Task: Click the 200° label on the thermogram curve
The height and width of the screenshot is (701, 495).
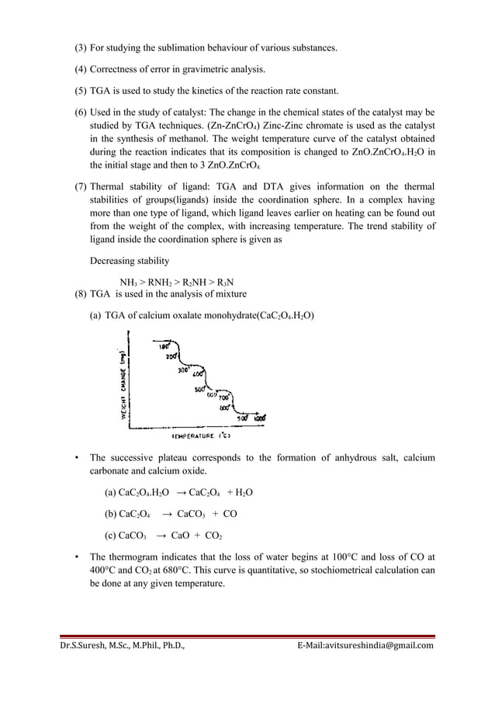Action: tap(171, 355)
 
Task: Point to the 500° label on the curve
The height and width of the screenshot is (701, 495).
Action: tap(199, 389)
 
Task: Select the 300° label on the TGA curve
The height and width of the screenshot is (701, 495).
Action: tap(183, 370)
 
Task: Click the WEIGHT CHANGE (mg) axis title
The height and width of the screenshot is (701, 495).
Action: tap(121, 380)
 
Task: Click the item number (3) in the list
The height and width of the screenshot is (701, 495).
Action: tap(81, 48)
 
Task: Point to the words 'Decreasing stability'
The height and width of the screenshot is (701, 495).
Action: tap(128, 260)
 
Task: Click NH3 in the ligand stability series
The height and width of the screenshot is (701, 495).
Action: tap(128, 282)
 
